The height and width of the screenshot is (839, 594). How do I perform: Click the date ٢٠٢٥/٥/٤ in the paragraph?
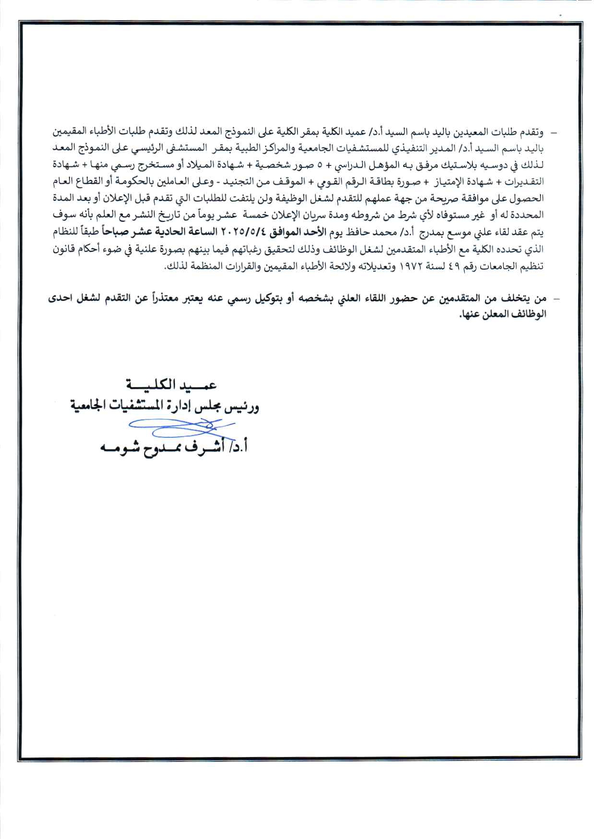coord(243,232)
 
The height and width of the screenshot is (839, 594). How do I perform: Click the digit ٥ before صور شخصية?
coord(319,165)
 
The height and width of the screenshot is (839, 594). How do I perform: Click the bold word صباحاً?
coord(116,232)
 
